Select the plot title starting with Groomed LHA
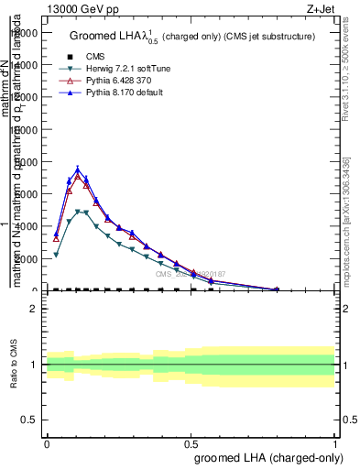tap(192, 36)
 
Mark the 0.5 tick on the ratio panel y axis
tap(29, 420)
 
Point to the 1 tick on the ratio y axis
tap(34, 365)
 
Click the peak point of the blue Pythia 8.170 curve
tap(78, 169)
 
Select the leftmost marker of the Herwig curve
tap(56, 255)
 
